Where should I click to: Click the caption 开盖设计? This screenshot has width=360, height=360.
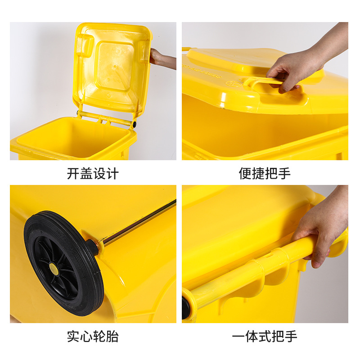pyautogui.click(x=93, y=174)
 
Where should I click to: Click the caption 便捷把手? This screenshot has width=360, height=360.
pyautogui.click(x=265, y=174)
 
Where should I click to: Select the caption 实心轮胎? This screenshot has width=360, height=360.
pyautogui.click(x=93, y=336)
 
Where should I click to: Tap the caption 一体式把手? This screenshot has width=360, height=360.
pyautogui.click(x=265, y=336)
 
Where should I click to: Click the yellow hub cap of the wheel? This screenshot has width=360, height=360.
pyautogui.click(x=54, y=269)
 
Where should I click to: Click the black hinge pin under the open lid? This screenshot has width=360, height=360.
pyautogui.click(x=134, y=124)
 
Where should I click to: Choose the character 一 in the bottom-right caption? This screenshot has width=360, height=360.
pyautogui.click(x=238, y=336)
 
